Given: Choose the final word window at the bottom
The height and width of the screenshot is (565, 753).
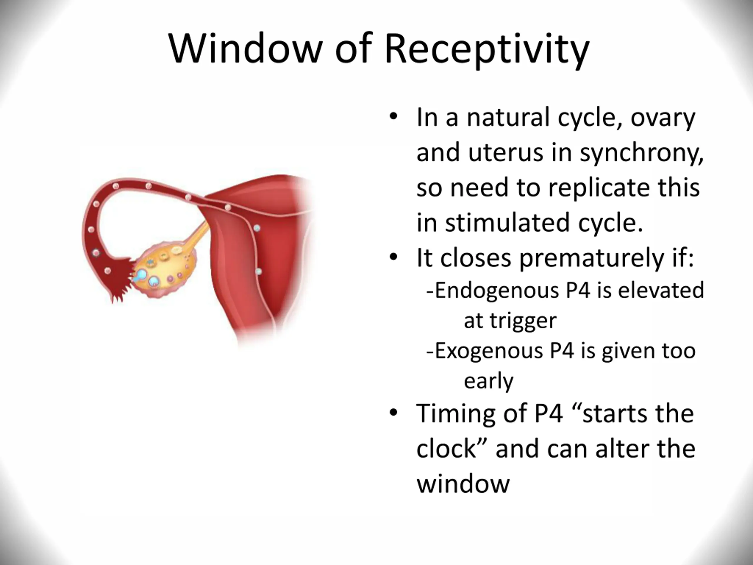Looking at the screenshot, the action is pyautogui.click(x=463, y=483).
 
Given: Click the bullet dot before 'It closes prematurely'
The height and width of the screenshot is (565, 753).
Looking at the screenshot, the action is pyautogui.click(x=394, y=257).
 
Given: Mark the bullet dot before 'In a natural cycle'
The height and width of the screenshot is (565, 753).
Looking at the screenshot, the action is pyautogui.click(x=394, y=117).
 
